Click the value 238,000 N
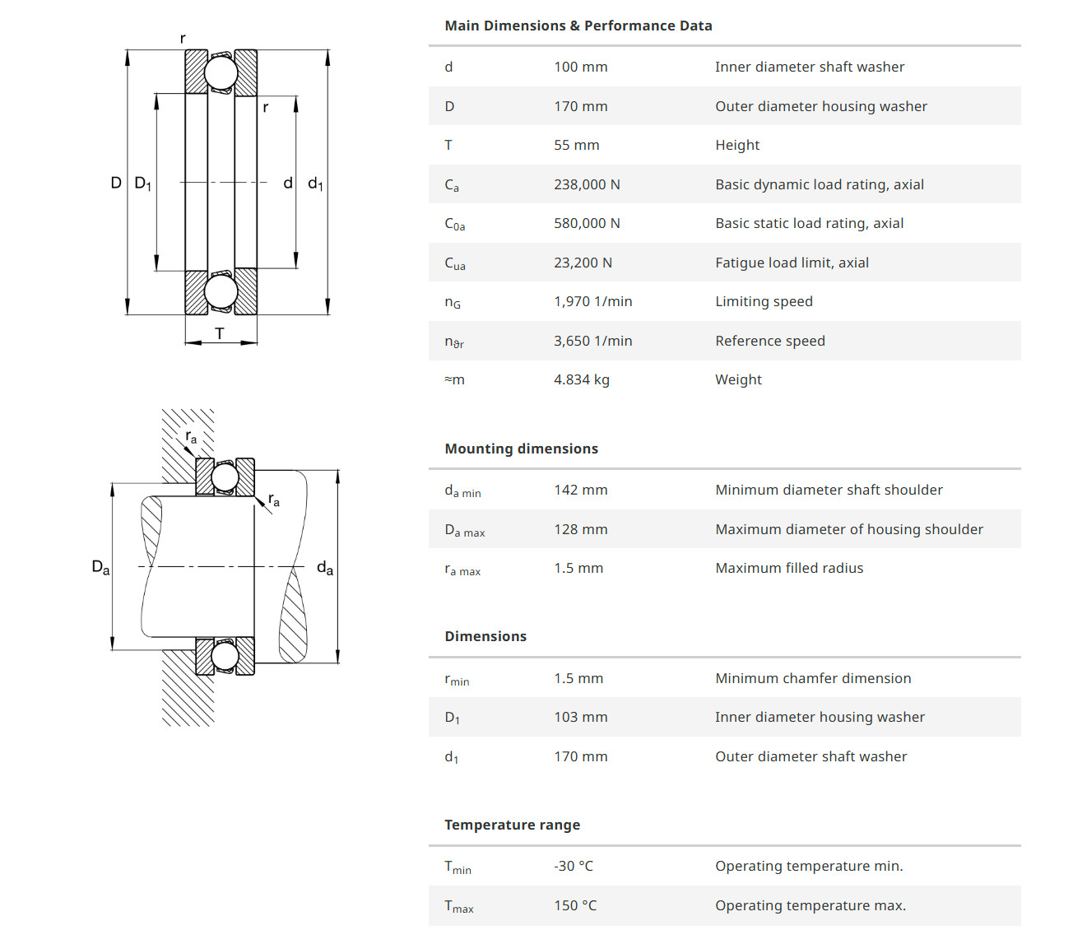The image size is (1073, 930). pyautogui.click(x=587, y=184)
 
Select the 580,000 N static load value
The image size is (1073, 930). pyautogui.click(x=587, y=223)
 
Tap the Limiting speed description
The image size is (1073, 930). pyautogui.click(x=764, y=301)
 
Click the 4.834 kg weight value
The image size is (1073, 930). pyautogui.click(x=581, y=379)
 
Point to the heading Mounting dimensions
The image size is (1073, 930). pyautogui.click(x=521, y=449)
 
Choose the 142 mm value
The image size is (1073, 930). pyautogui.click(x=580, y=490)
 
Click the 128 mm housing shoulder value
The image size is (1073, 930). pyautogui.click(x=580, y=529)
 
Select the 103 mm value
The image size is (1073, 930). pyautogui.click(x=580, y=717)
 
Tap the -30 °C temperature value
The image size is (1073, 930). pyautogui.click(x=573, y=866)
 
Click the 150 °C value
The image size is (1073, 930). pyautogui.click(x=575, y=905)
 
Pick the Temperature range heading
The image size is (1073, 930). pyautogui.click(x=512, y=825)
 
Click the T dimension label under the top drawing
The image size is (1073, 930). pyautogui.click(x=220, y=333)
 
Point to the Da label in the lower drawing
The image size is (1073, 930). pyautogui.click(x=100, y=567)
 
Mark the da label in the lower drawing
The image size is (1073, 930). pyautogui.click(x=325, y=568)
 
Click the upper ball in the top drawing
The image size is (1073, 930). pyautogui.click(x=221, y=72)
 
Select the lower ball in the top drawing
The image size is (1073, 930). pyautogui.click(x=221, y=291)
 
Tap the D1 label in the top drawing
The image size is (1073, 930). pyautogui.click(x=142, y=183)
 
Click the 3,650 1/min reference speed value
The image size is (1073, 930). pyautogui.click(x=592, y=341)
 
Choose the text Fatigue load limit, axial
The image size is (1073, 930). pyautogui.click(x=792, y=263)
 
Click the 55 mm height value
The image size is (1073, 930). pyautogui.click(x=576, y=145)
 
